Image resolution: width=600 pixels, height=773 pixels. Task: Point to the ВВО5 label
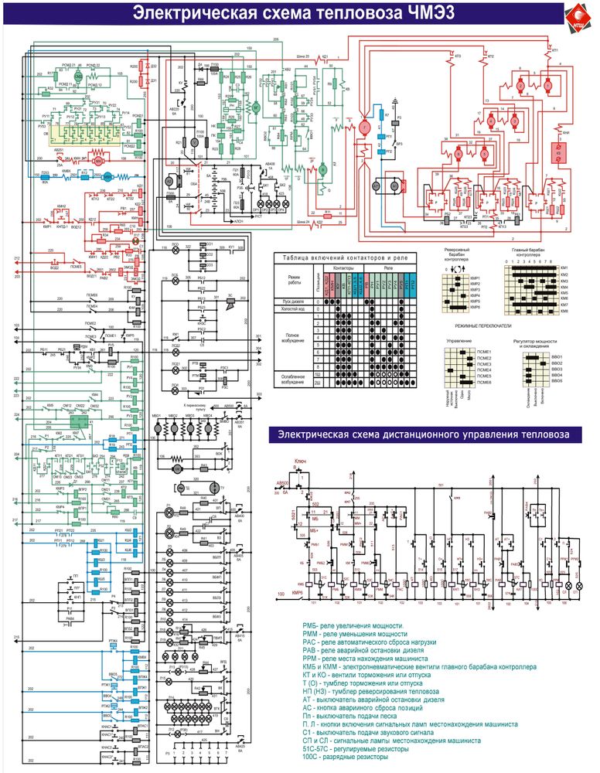tap(556, 382)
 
